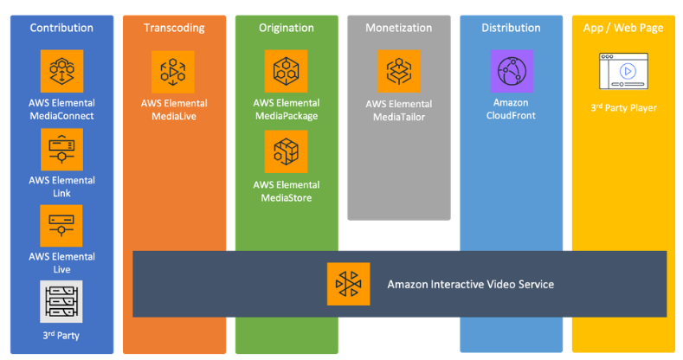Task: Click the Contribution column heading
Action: click(x=61, y=28)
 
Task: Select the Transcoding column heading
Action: click(x=175, y=28)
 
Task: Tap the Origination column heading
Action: click(x=287, y=28)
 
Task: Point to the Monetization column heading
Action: click(x=398, y=28)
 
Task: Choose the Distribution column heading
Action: click(x=511, y=28)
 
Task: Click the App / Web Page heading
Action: click(x=623, y=28)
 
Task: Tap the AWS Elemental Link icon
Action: click(x=61, y=150)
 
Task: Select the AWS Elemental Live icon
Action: click(x=61, y=226)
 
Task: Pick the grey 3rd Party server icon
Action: click(x=61, y=302)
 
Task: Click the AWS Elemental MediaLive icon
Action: click(x=174, y=72)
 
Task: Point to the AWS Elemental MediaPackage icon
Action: click(x=287, y=71)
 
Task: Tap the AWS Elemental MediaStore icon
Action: click(x=287, y=151)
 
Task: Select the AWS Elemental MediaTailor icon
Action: click(x=399, y=72)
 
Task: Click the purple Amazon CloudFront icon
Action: click(x=512, y=71)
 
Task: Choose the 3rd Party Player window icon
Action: click(x=623, y=70)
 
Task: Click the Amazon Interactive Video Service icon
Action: click(x=349, y=284)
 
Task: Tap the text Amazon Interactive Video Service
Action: click(x=470, y=284)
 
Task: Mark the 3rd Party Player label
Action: click(x=623, y=108)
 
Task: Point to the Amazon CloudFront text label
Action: click(x=512, y=109)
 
